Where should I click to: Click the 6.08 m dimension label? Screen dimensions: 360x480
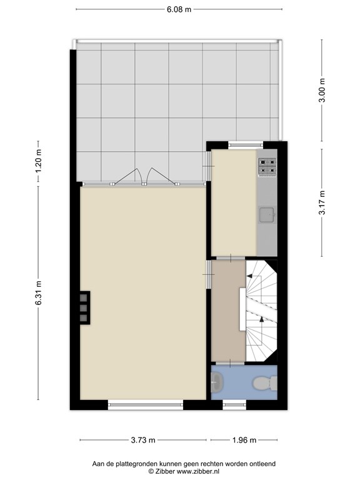[179, 9]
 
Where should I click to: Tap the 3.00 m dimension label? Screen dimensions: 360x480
[322, 90]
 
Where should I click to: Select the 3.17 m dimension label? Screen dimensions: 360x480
[322, 202]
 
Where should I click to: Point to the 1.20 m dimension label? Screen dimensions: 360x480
[38, 161]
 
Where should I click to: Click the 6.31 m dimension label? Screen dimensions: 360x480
[38, 293]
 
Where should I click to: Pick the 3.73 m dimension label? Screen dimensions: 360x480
[143, 440]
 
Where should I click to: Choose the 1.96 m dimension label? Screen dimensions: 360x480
[244, 440]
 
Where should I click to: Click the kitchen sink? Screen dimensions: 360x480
[267, 215]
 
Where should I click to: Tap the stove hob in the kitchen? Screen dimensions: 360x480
[267, 167]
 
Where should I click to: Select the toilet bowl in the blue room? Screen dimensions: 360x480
[264, 383]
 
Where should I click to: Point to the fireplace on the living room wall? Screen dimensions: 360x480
[85, 307]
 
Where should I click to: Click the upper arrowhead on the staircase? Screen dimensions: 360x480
[249, 276]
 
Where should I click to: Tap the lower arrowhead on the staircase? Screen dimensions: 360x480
[261, 319]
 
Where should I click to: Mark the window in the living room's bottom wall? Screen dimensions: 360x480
[146, 405]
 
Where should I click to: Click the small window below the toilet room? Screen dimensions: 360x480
[234, 405]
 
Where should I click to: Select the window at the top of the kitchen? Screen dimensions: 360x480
[246, 145]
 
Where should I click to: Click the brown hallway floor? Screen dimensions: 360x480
[228, 311]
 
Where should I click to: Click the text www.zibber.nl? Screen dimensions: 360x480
[197, 471]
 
